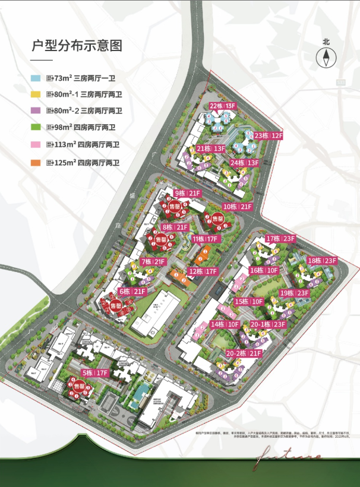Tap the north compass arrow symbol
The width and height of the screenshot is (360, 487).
tap(326, 58)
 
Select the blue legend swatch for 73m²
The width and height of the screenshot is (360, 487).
tap(36, 78)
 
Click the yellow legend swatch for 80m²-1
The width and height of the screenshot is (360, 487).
tap(36, 94)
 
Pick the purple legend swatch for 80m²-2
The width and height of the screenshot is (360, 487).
tap(36, 111)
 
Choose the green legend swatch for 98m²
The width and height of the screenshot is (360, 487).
tap(36, 127)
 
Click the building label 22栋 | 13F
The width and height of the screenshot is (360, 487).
tap(223, 106)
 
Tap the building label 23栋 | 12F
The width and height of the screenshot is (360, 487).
tap(269, 135)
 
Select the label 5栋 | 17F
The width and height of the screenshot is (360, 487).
tap(95, 374)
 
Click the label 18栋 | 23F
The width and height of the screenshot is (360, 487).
tap(322, 261)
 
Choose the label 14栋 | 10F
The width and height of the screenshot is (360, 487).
tap(225, 324)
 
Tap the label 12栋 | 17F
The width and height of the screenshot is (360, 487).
tap(203, 271)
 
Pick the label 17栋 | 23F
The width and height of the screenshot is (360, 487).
tap(281, 239)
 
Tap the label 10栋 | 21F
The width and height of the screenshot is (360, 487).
tap(238, 207)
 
